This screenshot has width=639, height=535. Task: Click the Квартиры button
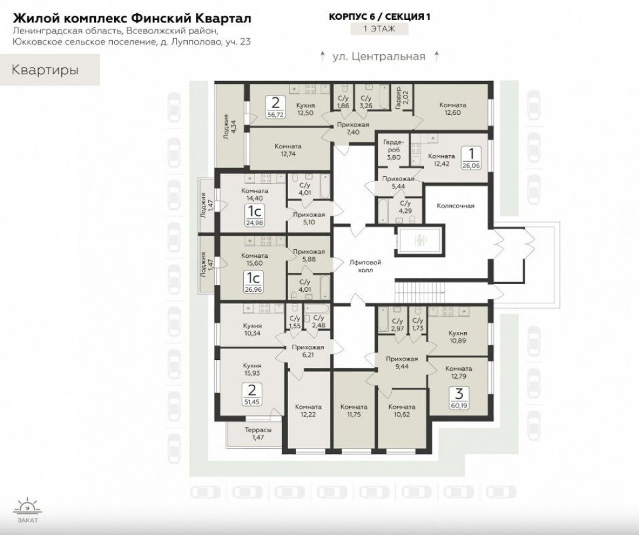click(x=46, y=70)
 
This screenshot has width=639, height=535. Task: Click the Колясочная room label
click(x=455, y=205)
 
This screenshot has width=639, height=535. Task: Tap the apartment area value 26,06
click(x=470, y=165)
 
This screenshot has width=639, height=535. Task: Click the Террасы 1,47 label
click(x=258, y=433)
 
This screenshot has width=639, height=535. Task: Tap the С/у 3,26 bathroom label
click(x=366, y=102)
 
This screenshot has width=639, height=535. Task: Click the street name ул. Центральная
click(x=378, y=57)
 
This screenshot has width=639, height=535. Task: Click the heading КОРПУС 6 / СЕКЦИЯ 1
click(x=380, y=17)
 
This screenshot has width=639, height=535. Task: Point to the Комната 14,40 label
click(x=255, y=194)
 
